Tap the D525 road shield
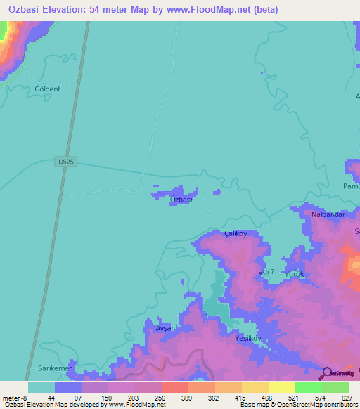(x=65, y=162)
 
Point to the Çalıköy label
(x=236, y=233)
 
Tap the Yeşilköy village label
(x=247, y=338)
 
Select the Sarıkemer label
(x=51, y=368)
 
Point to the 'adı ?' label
(x=266, y=272)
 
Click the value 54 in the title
(x=116, y=10)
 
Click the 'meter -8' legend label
(x=15, y=398)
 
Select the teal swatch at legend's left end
(x=41, y=387)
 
